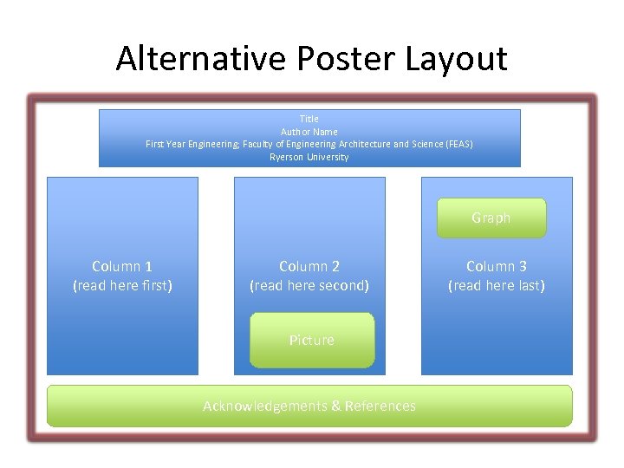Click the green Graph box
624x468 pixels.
pyautogui.click(x=491, y=218)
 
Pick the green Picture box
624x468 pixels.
pyautogui.click(x=312, y=340)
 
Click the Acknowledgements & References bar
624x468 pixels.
pyautogui.click(x=309, y=406)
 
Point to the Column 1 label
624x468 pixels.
pyautogui.click(x=122, y=266)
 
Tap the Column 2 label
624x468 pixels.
pyautogui.click(x=309, y=266)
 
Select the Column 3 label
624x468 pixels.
pyautogui.click(x=497, y=266)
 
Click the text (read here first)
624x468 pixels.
pyautogui.click(x=122, y=285)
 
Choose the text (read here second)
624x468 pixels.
pyautogui.click(x=309, y=285)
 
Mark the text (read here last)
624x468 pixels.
pyautogui.click(x=497, y=285)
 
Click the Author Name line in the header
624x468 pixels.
pyautogui.click(x=309, y=132)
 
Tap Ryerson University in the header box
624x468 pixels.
pyautogui.click(x=309, y=157)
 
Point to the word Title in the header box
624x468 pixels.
pyautogui.click(x=309, y=119)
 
